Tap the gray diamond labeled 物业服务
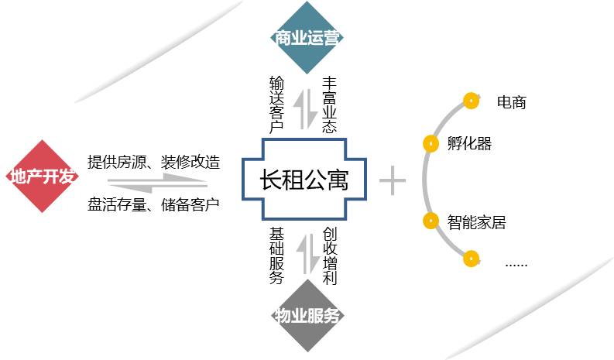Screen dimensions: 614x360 click(308, 316)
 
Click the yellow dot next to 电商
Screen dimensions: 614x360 click(469, 100)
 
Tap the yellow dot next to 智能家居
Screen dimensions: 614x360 click(430, 221)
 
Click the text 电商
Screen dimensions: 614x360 click(512, 101)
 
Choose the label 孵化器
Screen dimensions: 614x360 click(469, 143)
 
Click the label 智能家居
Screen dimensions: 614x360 click(476, 222)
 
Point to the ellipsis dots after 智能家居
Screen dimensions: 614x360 click(516, 263)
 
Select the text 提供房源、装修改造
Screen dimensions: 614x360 click(154, 163)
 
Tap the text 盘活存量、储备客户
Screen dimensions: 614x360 click(154, 205)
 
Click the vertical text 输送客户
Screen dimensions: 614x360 click(276, 104)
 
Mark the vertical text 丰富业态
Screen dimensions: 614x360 click(330, 104)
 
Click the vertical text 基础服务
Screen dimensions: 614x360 click(276, 255)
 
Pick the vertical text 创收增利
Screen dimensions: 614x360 click(330, 255)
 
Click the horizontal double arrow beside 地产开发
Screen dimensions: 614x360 click(156, 183)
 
